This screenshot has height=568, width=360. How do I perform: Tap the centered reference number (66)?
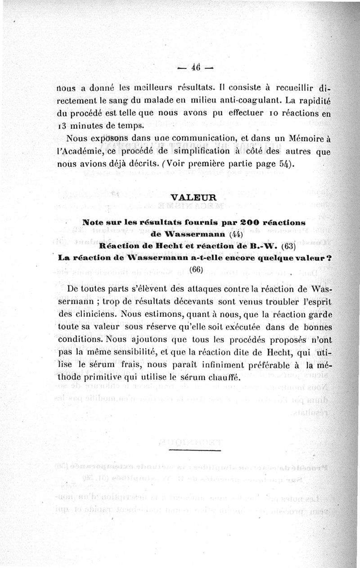[197, 270]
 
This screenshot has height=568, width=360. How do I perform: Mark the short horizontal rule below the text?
[195, 449]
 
